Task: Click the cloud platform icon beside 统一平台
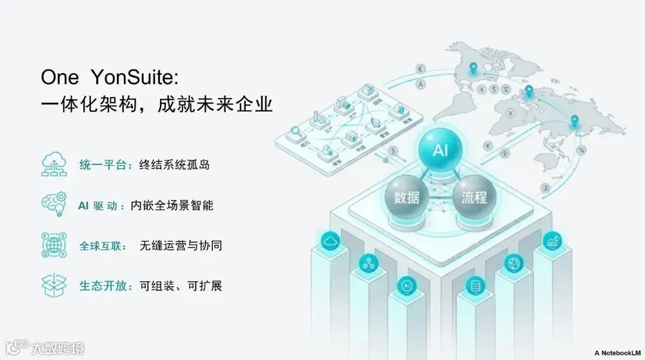[x=54, y=165]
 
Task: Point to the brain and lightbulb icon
[x=54, y=205]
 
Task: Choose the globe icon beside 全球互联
[x=54, y=245]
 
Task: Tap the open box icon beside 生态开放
[x=54, y=285]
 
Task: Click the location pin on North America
[x=473, y=67]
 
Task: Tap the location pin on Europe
[x=529, y=91]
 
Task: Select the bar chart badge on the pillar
[x=552, y=242]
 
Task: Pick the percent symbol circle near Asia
[x=582, y=150]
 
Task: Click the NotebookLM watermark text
[x=618, y=352]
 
